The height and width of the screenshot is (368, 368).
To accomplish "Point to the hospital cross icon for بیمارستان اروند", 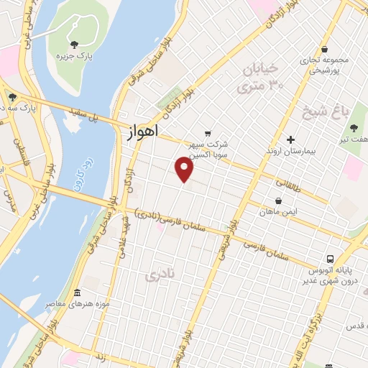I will coord(290,139).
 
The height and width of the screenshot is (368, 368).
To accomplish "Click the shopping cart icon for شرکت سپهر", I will coord(208,133).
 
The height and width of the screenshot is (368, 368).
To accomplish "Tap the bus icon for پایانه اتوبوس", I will coord(329,258).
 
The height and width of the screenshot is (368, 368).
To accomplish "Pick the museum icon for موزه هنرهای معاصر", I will coord(77,293).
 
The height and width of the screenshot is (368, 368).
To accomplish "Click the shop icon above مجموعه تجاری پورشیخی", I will coord(326,49).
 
